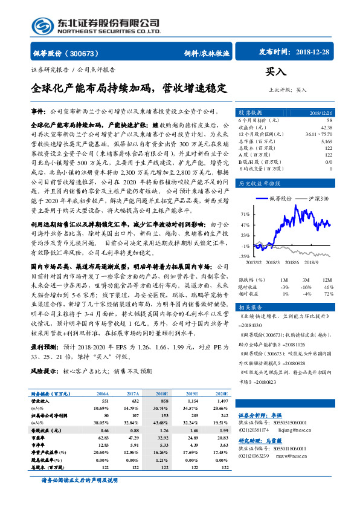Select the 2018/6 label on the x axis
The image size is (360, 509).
[291, 262]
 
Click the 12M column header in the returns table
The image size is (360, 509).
[327, 280]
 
